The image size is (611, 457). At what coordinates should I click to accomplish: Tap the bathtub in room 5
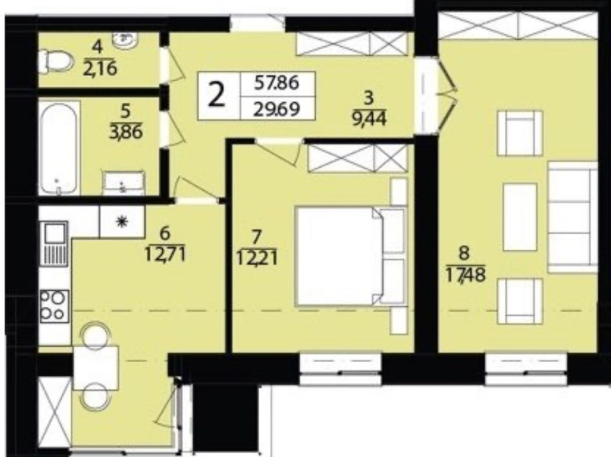59,149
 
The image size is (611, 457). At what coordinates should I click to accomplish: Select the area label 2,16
100,69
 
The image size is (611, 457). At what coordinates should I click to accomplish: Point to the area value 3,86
126,132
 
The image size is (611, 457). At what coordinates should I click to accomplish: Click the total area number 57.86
276,83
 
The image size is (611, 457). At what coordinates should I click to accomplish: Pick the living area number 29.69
276,109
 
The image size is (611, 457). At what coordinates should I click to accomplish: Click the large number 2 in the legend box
216,95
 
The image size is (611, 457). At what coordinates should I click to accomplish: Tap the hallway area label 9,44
369,118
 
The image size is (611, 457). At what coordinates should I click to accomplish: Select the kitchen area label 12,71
166,255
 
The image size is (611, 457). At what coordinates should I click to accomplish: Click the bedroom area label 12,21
257,258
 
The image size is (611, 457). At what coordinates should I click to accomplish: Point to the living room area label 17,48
465,276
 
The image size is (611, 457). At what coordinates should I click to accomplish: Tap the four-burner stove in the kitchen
55,305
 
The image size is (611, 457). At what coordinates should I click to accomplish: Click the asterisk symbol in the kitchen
122,222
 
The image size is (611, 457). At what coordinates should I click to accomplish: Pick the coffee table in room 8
520,217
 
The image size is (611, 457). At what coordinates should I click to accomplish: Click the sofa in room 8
572,218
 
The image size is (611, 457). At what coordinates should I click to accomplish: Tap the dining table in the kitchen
96,367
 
